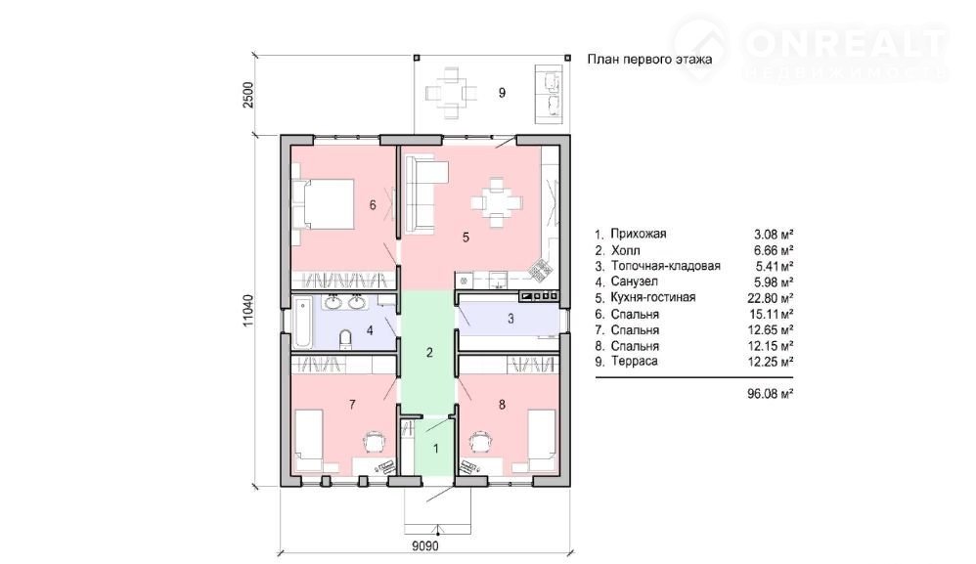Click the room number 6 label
pyautogui.click(x=373, y=204)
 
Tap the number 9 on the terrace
pyautogui.click(x=502, y=93)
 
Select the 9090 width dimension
pyautogui.click(x=425, y=546)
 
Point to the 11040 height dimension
pyautogui.click(x=248, y=311)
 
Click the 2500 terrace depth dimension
pyautogui.click(x=248, y=95)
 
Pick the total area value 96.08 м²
pyautogui.click(x=770, y=393)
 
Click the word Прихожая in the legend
pyautogui.click(x=638, y=234)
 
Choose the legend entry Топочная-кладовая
pyautogui.click(x=665, y=266)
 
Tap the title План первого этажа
pyautogui.click(x=649, y=60)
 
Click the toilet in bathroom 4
pyautogui.click(x=347, y=339)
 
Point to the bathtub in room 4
pyautogui.click(x=303, y=323)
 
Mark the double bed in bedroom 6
pyautogui.click(x=324, y=203)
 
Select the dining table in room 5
pyautogui.click(x=496, y=202)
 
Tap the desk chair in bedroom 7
pyautogui.click(x=376, y=442)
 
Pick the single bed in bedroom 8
pyautogui.click(x=542, y=440)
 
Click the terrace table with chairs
pyautogui.click(x=451, y=93)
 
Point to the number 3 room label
pyautogui.click(x=511, y=319)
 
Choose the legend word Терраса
pyautogui.click(x=635, y=362)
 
